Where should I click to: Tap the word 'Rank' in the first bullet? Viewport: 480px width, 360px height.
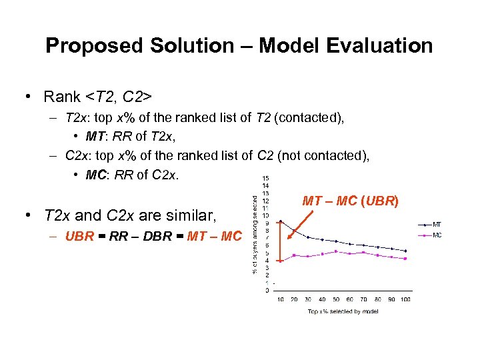coord(62,97)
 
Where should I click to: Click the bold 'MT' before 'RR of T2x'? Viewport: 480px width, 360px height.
coord(95,137)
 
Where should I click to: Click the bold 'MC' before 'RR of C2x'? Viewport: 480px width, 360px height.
coord(96,175)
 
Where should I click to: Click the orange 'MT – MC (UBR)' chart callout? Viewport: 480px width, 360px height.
coord(350,200)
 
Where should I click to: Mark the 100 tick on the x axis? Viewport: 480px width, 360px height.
coord(405,299)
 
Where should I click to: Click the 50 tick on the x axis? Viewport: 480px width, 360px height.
coord(336,299)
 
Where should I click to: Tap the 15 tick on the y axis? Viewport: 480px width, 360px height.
coord(266,178)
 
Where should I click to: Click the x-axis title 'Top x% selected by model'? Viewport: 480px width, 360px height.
coord(343,311)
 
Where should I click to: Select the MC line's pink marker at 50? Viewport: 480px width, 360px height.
coord(336,251)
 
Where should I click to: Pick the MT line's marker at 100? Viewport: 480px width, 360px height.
coord(405,251)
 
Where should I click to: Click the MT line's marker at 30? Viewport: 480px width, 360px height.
coord(308,237)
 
